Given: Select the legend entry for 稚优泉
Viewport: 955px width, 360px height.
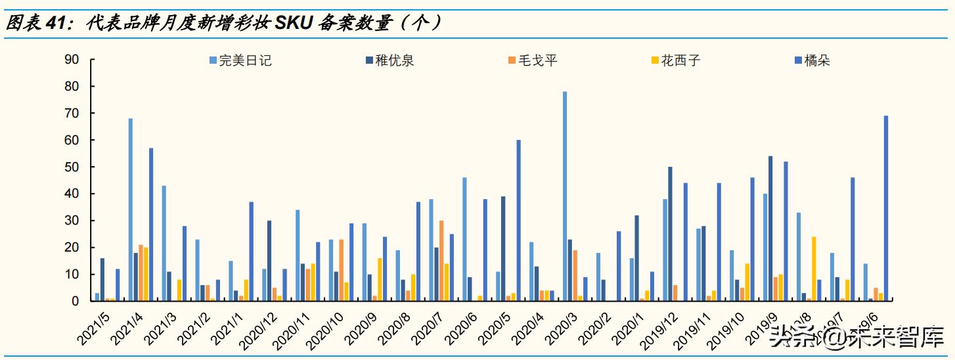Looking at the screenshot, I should (395, 60).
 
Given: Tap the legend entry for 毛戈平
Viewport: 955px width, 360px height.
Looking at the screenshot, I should (537, 60).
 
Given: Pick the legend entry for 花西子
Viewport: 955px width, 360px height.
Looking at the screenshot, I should (680, 60).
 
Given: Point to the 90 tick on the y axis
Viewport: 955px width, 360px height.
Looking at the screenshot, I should (72, 59).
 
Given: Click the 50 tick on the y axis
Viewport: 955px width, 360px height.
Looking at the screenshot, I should (72, 167).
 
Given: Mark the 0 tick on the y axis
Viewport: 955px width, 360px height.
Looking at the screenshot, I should (76, 301).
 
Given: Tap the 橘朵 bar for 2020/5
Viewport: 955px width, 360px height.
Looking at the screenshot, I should (519, 220).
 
